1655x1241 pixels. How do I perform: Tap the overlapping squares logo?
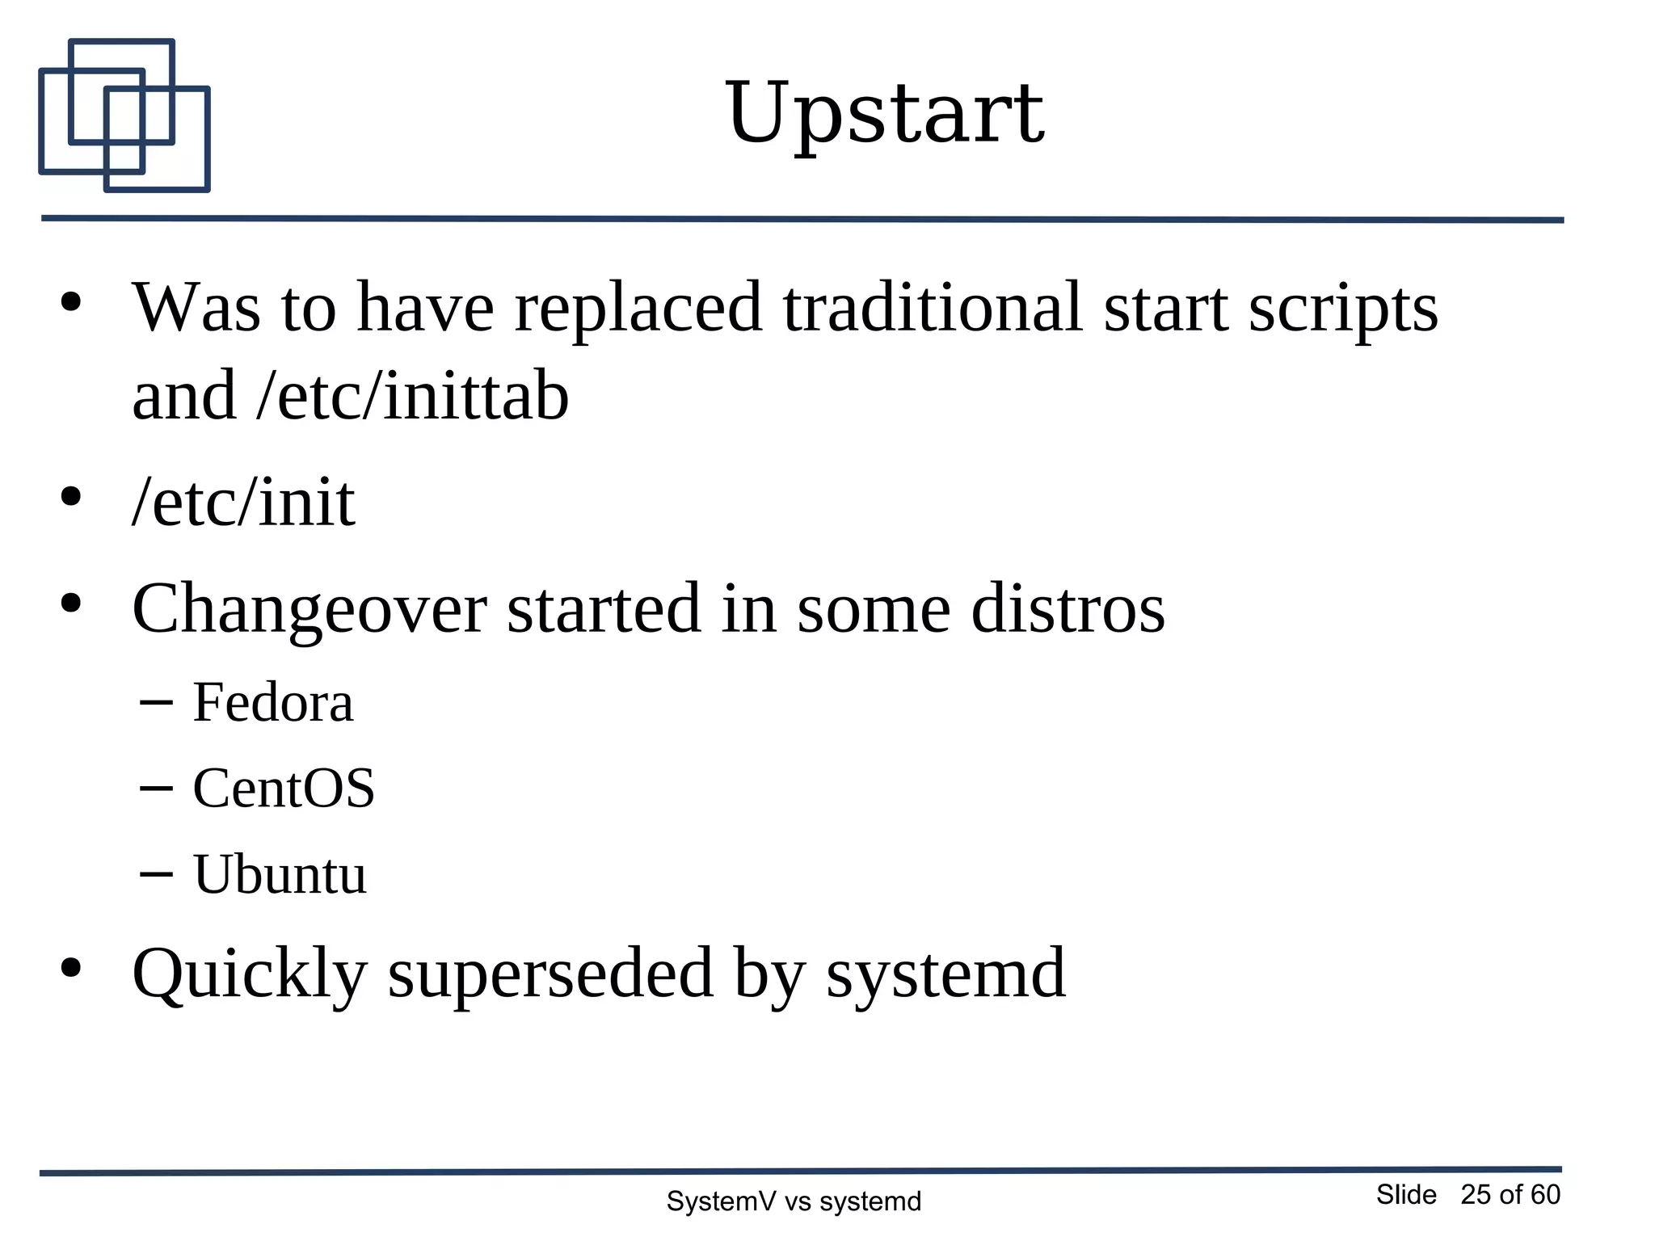coord(124,116)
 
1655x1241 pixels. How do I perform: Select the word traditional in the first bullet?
coord(932,308)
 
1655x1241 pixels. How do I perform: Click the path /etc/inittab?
coord(412,396)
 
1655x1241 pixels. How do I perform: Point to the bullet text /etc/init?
coord(243,502)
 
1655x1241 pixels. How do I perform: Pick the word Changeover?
coord(309,609)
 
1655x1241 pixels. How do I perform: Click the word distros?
coord(1068,609)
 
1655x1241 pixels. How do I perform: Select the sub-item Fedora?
coord(273,702)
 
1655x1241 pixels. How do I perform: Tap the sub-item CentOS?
coord(284,789)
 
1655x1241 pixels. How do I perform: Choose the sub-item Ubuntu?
coord(280,874)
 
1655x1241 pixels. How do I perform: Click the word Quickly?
coord(249,974)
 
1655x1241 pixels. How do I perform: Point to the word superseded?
coord(550,974)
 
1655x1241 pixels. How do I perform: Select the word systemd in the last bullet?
coord(945,974)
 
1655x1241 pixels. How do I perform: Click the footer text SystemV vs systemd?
coord(794,1201)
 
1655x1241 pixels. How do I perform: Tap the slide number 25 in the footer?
coord(1476,1194)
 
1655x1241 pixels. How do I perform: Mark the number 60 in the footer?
coord(1545,1194)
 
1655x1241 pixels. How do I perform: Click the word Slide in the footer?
coord(1406,1194)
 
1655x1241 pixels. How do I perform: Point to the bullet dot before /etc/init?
coord(71,497)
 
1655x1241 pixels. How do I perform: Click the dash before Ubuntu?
coord(156,873)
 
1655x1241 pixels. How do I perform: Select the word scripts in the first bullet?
coord(1343,308)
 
